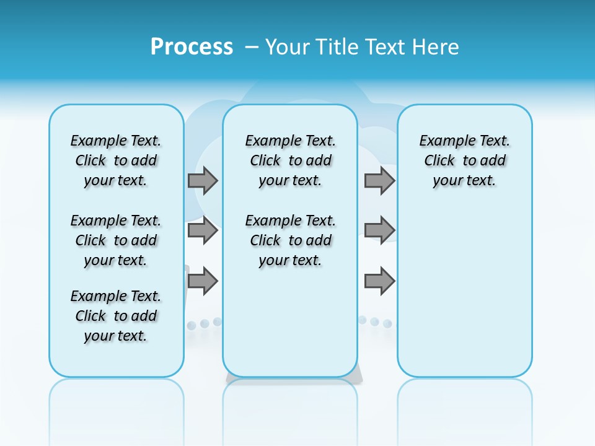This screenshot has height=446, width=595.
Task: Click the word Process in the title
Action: coord(192,47)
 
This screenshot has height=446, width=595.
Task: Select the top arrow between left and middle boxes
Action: coord(203,180)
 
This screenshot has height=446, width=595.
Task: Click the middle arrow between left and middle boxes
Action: coord(203,230)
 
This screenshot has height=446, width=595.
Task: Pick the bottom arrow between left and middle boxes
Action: coord(203,281)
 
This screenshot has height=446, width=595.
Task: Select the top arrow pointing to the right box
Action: coord(379,180)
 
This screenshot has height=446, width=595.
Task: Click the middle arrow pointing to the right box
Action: coord(379,230)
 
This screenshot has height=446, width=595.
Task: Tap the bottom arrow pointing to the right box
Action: coord(379,281)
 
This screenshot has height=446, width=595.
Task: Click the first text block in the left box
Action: coord(116,160)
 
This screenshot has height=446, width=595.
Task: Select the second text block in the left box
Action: coord(116,240)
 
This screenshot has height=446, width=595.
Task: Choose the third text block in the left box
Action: coord(116,316)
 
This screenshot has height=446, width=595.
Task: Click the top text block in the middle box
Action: coord(291,160)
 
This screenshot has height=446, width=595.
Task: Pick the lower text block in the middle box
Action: coord(291,240)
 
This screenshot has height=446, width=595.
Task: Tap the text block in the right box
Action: coord(465,160)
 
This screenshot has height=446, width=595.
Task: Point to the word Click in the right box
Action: coord(439,161)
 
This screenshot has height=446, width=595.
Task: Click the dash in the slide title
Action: coord(252,47)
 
